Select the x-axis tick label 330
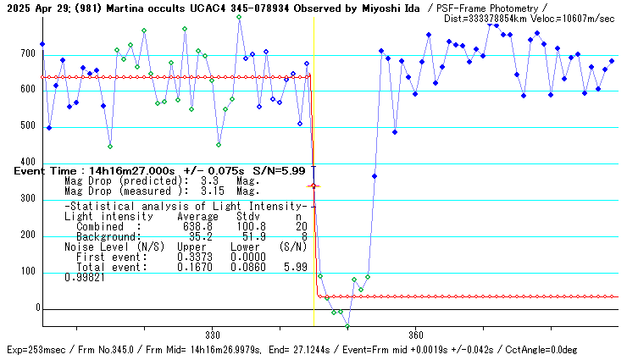pyautogui.click(x=212, y=335)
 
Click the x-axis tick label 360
pyautogui.click(x=415, y=335)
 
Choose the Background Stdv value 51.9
pyautogui.click(x=245, y=236)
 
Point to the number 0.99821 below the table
pyautogui.click(x=85, y=277)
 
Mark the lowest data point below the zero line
pyautogui.click(x=347, y=327)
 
